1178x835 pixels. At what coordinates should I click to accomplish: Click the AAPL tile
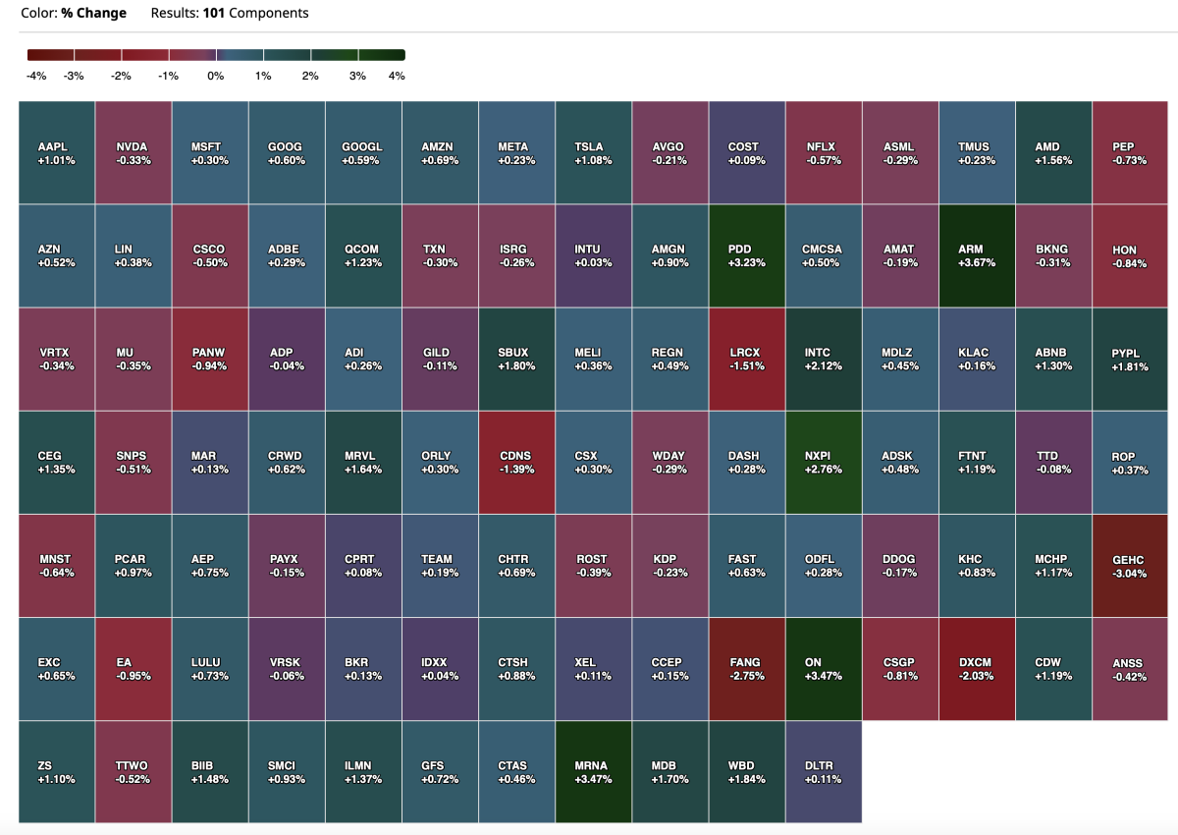pos(56,152)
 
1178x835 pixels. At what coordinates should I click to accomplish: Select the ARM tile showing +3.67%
pos(977,255)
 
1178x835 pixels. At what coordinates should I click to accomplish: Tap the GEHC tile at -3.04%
pos(1129,566)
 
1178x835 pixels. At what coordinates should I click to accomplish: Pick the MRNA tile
pos(593,772)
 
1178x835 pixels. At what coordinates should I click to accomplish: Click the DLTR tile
pos(823,772)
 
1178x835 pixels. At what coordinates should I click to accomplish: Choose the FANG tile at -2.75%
pos(746,669)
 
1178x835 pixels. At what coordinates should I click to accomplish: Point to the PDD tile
pos(746,255)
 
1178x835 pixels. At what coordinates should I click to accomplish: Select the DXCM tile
pos(977,669)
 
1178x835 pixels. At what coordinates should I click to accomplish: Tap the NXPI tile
pos(823,462)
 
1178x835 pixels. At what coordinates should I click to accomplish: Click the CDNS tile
pos(516,462)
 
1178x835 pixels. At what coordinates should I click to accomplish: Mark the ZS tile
pos(56,772)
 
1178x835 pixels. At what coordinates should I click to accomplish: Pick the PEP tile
pos(1129,152)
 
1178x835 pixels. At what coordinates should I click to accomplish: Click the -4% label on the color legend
pos(37,76)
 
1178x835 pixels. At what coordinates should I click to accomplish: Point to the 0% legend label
pos(216,76)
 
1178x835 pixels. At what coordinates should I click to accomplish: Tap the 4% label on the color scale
pos(397,76)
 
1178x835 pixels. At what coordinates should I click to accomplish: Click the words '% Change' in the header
pos(100,13)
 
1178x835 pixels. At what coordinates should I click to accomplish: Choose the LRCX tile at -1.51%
pos(746,359)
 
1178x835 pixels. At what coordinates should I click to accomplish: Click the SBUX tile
pos(516,359)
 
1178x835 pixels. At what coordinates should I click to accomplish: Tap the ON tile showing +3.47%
pos(823,669)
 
